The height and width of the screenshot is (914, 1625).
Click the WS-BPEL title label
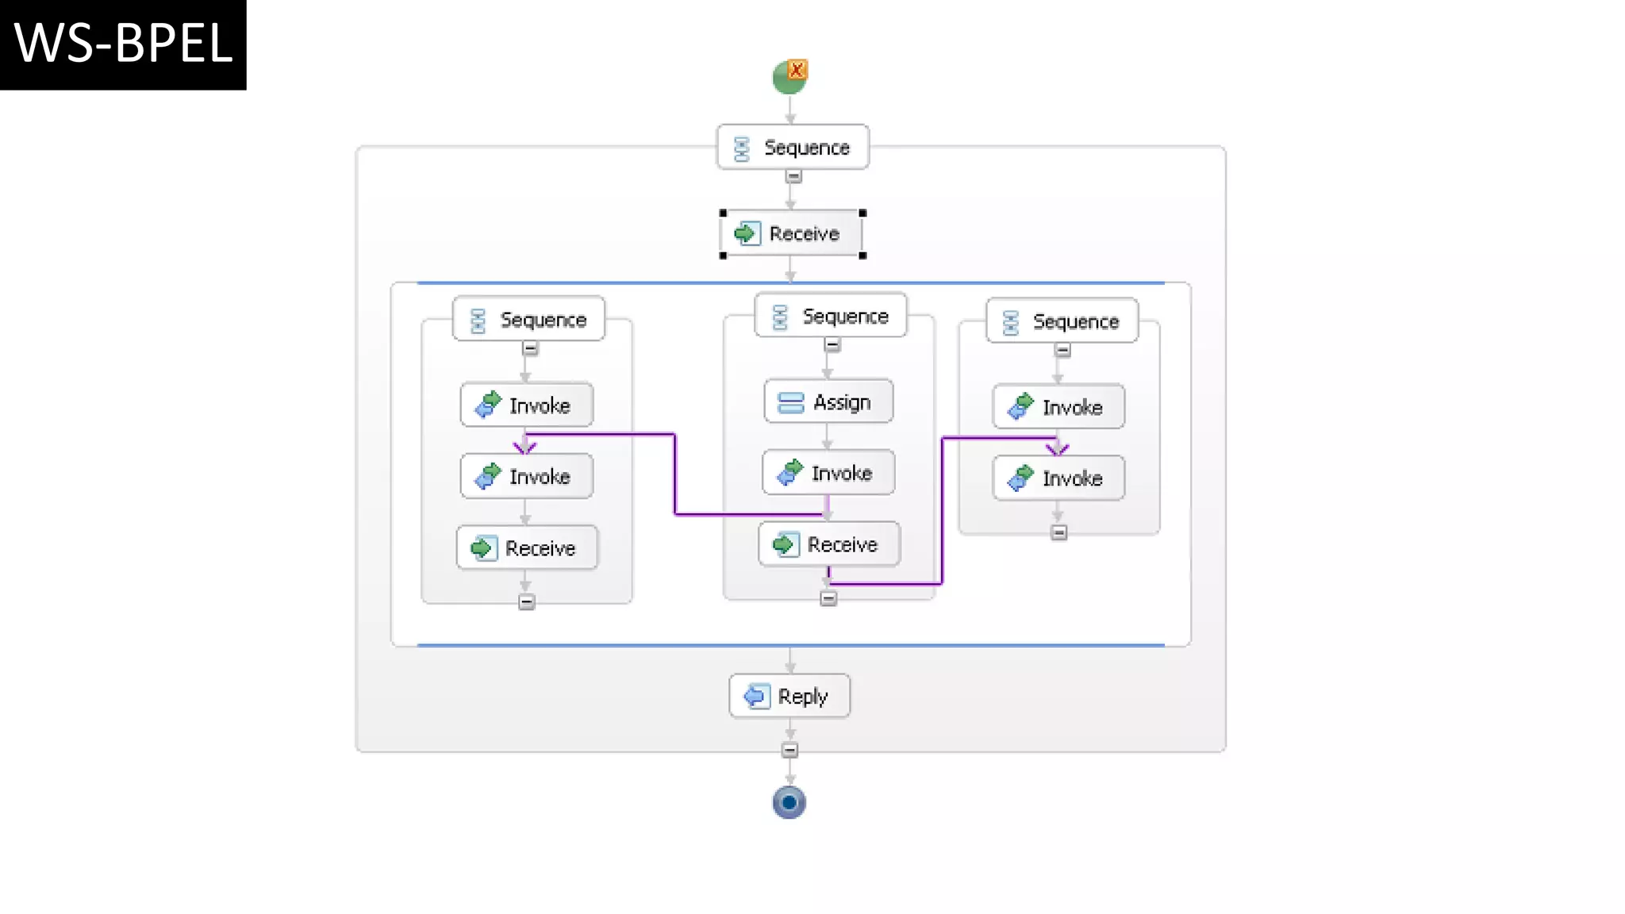point(123,44)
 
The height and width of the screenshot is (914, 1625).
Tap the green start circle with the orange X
point(789,77)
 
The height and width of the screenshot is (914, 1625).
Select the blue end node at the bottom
point(789,802)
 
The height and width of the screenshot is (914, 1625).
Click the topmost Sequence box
point(793,148)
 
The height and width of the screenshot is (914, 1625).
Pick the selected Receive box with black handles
point(792,234)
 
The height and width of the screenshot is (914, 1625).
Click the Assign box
point(828,402)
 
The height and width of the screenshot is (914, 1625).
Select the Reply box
point(789,697)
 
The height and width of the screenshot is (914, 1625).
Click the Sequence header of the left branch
point(528,320)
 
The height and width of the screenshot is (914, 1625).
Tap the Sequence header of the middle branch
point(830,316)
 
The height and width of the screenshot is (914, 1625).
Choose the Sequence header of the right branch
point(1062,321)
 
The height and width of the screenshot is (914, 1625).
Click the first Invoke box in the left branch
point(527,405)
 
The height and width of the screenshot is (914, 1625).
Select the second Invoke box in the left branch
point(527,476)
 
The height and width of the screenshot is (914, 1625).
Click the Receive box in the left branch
point(527,547)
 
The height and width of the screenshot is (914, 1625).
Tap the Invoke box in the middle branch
point(828,473)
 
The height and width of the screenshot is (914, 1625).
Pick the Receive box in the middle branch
point(829,544)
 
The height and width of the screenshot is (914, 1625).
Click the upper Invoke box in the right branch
point(1058,407)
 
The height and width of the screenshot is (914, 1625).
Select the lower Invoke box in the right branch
point(1058,478)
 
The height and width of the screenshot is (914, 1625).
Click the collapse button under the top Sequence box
point(793,177)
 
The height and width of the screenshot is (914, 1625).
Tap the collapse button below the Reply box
point(789,750)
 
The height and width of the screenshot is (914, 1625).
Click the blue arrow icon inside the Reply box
point(756,697)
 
